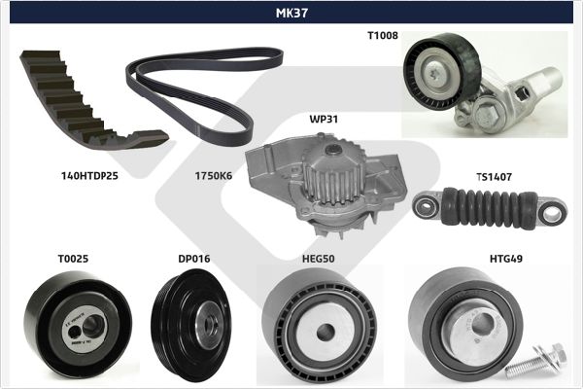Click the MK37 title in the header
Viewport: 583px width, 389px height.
coord(291,13)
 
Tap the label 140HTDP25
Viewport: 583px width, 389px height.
coord(89,176)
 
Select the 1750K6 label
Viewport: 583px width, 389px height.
coord(214,176)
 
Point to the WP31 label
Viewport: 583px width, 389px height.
coord(324,119)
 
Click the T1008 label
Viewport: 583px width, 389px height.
coord(383,35)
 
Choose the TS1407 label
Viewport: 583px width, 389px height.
coord(495,177)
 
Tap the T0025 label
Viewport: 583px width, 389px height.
coord(73,259)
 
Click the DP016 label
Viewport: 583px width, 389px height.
coord(194,259)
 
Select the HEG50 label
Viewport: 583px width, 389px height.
coord(319,259)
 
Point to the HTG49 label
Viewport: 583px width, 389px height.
coord(506,259)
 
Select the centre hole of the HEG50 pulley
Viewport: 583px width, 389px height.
coord(326,332)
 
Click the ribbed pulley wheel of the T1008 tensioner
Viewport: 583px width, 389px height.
coord(442,71)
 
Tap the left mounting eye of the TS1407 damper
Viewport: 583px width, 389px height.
coord(425,206)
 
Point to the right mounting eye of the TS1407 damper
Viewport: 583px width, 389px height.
coord(552,213)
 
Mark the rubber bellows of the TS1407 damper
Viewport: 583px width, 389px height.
coord(489,208)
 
